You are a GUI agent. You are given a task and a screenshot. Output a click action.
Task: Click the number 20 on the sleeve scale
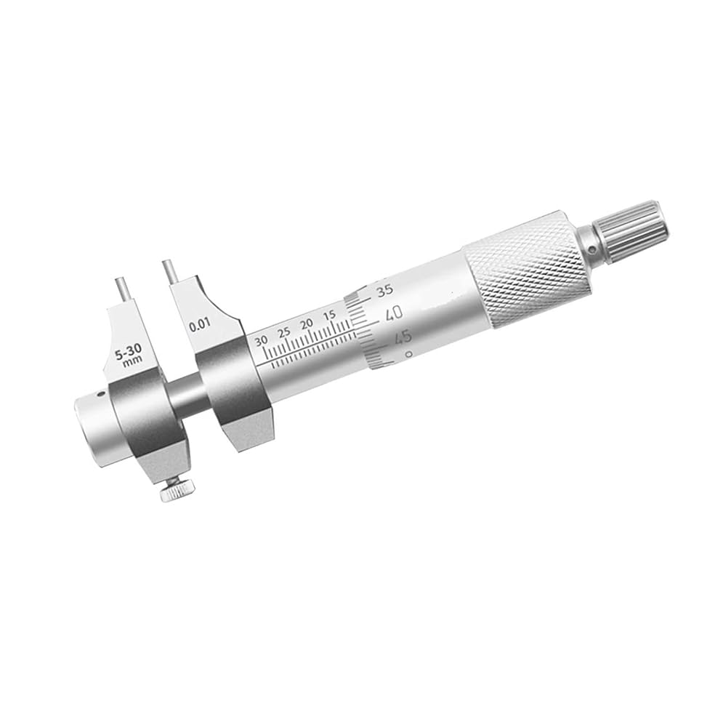click(x=307, y=324)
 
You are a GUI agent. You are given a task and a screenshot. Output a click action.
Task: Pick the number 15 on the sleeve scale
click(x=329, y=316)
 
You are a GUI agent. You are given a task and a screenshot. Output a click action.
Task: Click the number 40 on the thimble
click(x=393, y=314)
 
